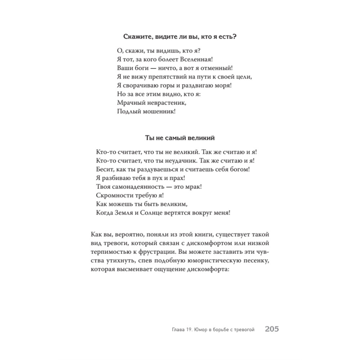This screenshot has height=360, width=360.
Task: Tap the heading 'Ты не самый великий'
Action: [x=180, y=138]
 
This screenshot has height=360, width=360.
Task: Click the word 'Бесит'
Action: [x=105, y=169]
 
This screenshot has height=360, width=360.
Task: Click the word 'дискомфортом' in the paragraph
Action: [x=210, y=243]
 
